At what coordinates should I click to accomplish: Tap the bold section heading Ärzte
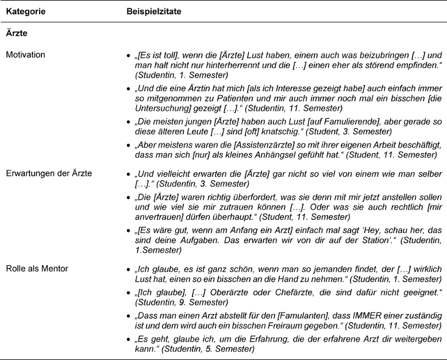pyautogui.click(x=16, y=34)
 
